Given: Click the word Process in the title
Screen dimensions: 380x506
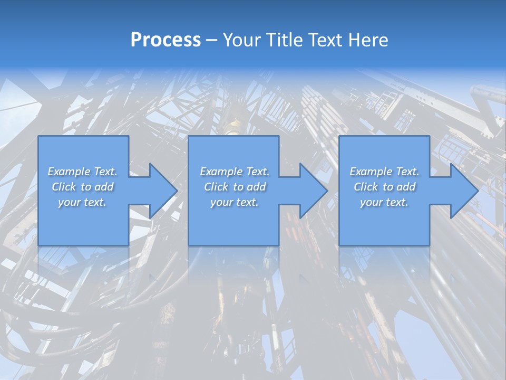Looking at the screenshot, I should click(166, 40).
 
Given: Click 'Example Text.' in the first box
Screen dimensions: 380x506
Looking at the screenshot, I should click(83, 172).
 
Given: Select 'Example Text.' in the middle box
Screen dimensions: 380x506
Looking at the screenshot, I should click(235, 172).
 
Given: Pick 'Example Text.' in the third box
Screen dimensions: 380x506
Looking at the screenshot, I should click(384, 172).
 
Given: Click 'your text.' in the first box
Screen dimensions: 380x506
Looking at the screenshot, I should click(82, 202).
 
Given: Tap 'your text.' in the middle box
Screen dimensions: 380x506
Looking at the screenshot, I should click(235, 202).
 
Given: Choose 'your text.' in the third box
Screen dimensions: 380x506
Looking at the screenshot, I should click(384, 202).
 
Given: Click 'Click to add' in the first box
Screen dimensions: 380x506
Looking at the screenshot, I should click(83, 187).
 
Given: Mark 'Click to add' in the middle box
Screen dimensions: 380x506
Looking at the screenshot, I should click(235, 187).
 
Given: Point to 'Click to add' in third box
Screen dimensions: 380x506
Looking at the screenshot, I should click(384, 187).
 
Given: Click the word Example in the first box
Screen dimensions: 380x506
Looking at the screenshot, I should click(69, 172).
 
